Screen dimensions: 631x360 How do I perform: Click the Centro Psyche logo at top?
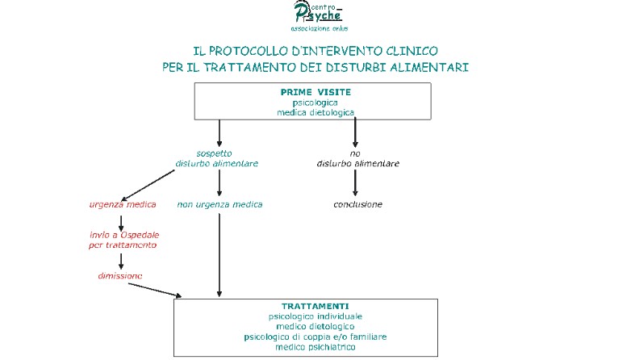[x=319, y=16]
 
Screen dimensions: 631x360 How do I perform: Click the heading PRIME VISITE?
[x=315, y=92]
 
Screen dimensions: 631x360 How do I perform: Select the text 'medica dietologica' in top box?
[x=315, y=112]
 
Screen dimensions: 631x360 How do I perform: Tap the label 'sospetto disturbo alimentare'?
[x=216, y=158]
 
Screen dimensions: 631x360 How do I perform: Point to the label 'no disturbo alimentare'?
[x=357, y=158]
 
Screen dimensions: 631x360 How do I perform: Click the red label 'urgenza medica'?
[x=123, y=204]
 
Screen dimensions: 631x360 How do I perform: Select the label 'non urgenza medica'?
[x=219, y=204]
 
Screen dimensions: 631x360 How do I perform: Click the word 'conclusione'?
[x=357, y=204]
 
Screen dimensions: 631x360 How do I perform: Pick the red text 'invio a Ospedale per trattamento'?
[x=123, y=240]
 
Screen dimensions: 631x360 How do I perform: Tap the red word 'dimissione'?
[x=120, y=276]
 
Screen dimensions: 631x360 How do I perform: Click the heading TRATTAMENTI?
[x=315, y=307]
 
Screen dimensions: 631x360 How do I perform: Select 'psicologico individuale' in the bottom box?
[x=315, y=316]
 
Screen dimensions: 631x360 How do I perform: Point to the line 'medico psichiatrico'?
[x=315, y=347]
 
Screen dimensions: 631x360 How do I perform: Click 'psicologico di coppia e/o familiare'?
[x=315, y=337]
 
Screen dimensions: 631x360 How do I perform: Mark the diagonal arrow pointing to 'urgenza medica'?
[x=148, y=185]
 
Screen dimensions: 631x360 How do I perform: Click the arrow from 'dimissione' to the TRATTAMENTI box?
[x=155, y=291]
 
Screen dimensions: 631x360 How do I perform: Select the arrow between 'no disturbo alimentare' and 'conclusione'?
[x=355, y=182]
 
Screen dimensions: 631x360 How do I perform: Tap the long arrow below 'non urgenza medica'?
[x=219, y=255]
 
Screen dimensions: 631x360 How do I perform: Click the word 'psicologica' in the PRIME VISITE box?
[x=315, y=103]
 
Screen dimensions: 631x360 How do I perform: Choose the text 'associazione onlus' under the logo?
[x=319, y=28]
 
